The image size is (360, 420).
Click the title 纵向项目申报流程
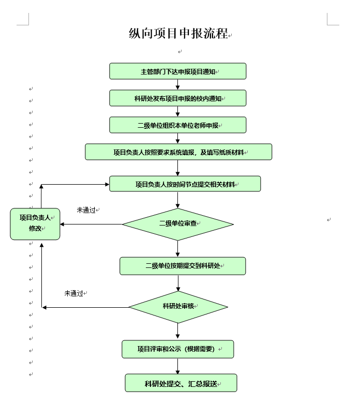(178, 34)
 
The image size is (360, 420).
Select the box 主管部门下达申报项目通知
(177, 71)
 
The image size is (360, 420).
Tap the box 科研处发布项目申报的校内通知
(177, 98)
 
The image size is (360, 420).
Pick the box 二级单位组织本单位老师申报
(177, 125)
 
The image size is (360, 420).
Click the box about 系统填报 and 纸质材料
(178, 152)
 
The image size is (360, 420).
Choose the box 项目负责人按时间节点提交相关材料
(185, 184)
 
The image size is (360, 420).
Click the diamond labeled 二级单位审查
(178, 224)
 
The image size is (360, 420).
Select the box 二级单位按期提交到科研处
(183, 266)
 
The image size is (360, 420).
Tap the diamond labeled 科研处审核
(178, 307)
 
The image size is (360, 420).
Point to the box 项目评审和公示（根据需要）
(177, 349)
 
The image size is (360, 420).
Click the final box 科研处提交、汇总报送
(181, 383)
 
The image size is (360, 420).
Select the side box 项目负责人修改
(35, 224)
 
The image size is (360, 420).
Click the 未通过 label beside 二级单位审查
(86, 210)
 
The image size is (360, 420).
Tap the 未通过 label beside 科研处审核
(73, 293)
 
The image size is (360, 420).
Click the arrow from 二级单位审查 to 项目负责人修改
(92, 224)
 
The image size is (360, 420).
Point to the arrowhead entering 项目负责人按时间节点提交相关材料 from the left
(107, 184)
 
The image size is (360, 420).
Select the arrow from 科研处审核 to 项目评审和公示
(177, 331)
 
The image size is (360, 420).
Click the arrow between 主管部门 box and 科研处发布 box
(177, 84)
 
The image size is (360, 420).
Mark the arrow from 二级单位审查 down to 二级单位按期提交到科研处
(177, 249)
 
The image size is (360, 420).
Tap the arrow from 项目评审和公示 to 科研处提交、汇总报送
(177, 366)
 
